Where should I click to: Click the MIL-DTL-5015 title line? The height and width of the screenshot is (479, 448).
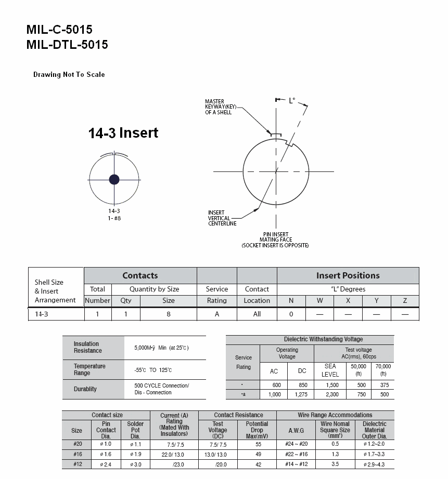pos(67,45)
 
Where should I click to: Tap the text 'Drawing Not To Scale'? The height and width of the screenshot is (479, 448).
pos(69,74)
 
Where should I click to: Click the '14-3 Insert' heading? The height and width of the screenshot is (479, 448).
pos(123,133)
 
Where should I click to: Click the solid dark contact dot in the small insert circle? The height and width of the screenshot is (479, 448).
pos(114,179)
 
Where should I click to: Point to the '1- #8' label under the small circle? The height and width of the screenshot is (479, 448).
pos(114,218)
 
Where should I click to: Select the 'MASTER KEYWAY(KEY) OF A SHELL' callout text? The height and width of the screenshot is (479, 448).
pos(220,107)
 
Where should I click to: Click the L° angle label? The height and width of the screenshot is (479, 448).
pos(292,100)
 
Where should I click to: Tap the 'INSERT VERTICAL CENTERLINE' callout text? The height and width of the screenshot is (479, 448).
pos(222,218)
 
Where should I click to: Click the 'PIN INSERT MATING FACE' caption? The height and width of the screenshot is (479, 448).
pos(275,237)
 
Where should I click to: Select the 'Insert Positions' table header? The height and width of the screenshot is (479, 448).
pos(348,275)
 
